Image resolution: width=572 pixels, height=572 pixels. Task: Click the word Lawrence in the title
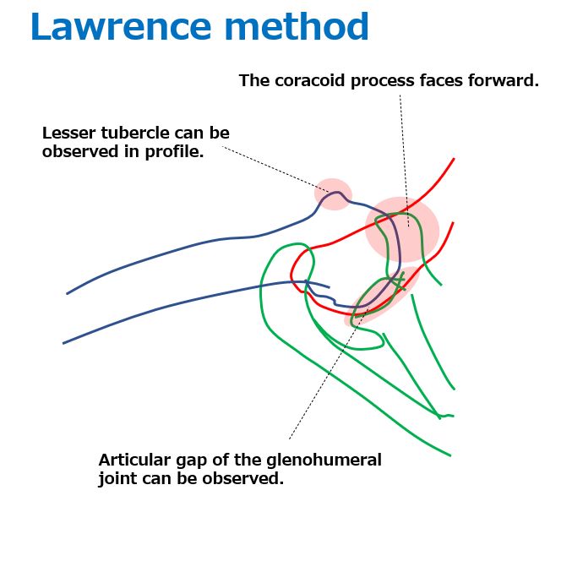coord(121,26)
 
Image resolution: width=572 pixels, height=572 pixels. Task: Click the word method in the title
coord(297,26)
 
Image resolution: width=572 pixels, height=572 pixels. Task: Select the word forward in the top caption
coord(504,80)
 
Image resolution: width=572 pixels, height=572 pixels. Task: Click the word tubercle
coord(135,133)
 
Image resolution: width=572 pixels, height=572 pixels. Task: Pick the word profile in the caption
coord(174,152)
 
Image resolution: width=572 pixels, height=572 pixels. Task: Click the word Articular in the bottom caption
coord(134,460)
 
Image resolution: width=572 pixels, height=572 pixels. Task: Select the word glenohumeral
coord(324,460)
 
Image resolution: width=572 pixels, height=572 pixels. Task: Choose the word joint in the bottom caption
coord(117,479)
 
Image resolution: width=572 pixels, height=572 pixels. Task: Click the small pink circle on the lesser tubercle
coord(333,194)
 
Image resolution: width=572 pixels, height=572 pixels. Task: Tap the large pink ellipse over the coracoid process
coord(402,230)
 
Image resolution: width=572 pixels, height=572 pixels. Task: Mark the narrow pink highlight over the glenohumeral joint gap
coord(381,297)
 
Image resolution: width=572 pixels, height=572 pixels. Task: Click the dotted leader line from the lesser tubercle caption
coord(275,169)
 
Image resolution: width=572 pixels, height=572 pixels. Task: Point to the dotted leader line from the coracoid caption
coord(404,161)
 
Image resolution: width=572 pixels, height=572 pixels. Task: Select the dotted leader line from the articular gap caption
coord(329,372)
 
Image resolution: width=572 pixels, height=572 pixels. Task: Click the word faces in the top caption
coord(441,80)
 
